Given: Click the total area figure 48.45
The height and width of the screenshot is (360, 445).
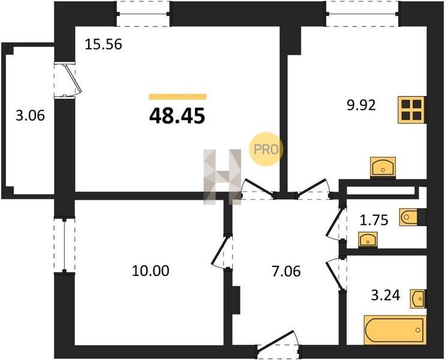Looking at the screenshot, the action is click(177, 116).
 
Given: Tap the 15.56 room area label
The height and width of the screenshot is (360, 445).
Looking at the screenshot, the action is click(104, 44).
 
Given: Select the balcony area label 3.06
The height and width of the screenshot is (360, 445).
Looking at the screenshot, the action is click(30, 116).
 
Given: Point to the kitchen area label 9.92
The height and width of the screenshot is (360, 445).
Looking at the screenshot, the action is click(361, 105).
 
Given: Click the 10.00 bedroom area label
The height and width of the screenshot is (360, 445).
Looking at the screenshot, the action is click(151, 271).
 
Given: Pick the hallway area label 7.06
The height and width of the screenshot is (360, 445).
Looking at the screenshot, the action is click(286, 271).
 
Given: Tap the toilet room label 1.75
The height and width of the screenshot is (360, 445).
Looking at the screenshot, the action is click(374, 220).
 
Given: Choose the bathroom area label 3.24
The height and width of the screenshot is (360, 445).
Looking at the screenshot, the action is click(386, 295).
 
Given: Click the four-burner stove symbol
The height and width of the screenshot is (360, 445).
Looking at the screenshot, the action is click(411, 110).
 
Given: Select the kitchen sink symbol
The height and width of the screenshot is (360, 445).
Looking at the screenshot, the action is click(383, 167).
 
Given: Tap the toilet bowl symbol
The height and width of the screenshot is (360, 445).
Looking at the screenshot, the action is click(408, 217).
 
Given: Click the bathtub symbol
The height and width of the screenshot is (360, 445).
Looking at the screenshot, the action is click(395, 329).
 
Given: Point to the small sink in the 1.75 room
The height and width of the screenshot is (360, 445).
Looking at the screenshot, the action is click(368, 240).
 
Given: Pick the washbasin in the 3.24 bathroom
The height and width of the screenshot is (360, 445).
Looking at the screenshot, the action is click(418, 299).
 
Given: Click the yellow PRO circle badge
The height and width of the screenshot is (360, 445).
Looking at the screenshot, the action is click(266, 149).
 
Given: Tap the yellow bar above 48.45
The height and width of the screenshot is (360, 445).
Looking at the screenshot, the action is click(178, 97).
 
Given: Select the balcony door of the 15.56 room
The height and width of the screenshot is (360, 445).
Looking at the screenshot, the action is click(68, 80).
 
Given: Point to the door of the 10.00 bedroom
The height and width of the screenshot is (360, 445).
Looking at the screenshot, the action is click(222, 251).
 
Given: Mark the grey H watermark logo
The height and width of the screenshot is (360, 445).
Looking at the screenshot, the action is click(222, 177).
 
